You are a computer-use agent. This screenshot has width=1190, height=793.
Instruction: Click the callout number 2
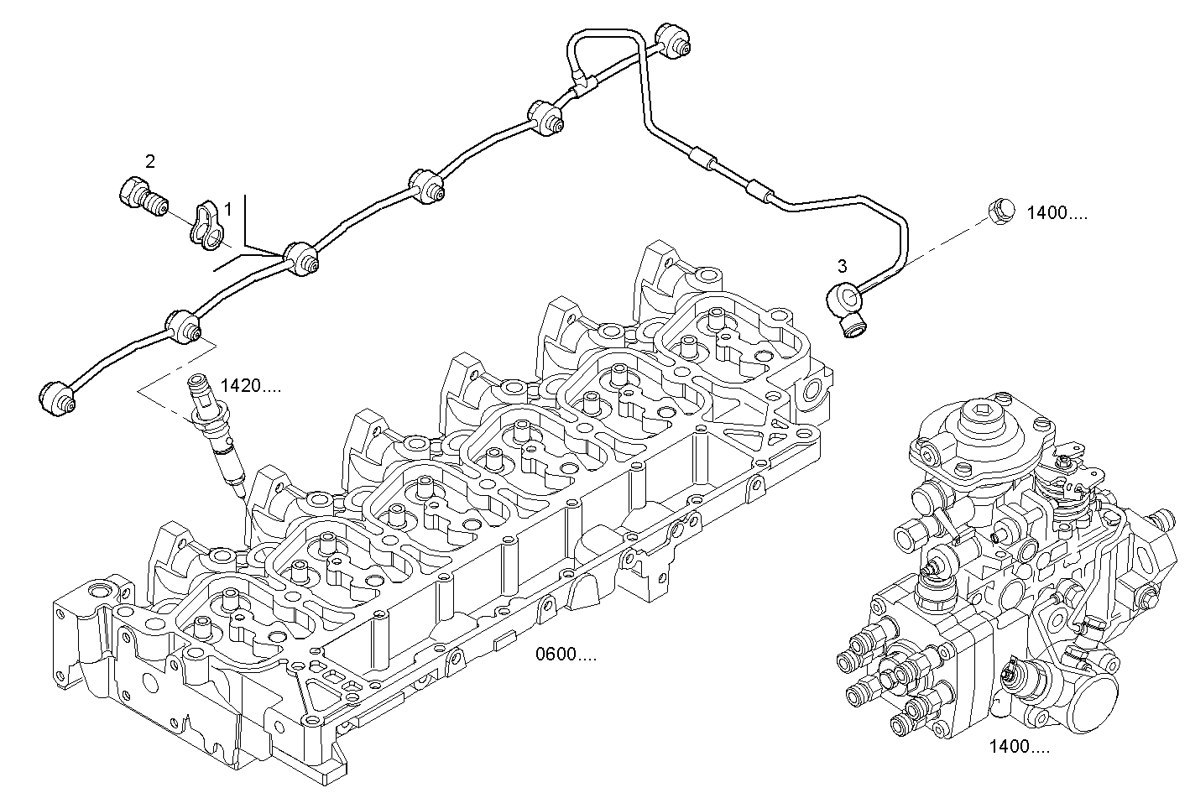(150, 161)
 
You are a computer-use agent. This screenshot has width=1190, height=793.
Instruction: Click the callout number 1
(227, 206)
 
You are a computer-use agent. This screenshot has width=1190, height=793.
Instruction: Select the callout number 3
(842, 267)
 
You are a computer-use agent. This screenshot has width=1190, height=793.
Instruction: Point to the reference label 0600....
(566, 655)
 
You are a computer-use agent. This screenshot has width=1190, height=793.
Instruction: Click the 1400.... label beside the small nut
(1057, 213)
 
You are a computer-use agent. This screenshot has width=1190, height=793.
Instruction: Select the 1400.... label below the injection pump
(1018, 747)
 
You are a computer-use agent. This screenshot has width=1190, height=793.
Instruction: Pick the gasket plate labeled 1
(206, 226)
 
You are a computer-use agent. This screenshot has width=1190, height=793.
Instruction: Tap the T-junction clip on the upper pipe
(583, 81)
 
